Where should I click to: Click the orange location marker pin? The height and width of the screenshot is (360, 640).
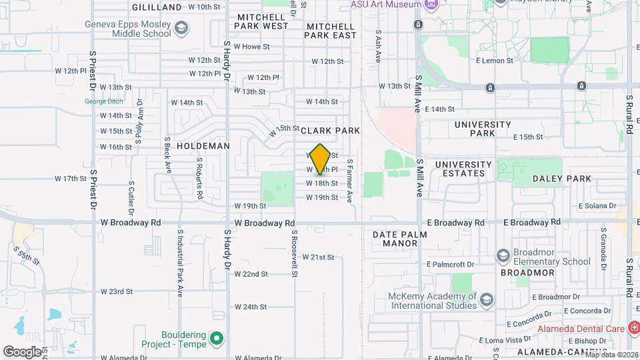[320, 159]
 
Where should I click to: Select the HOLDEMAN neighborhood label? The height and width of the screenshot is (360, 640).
[203, 145]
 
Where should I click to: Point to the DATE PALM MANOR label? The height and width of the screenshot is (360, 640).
[395, 239]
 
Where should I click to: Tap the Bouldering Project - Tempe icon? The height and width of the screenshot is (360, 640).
[216, 339]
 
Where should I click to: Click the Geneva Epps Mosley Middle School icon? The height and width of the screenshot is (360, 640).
[181, 29]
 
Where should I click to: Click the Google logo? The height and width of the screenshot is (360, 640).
[22, 351]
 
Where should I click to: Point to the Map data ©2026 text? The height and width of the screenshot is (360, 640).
[612, 354]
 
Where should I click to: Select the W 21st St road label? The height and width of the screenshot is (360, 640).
[318, 257]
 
